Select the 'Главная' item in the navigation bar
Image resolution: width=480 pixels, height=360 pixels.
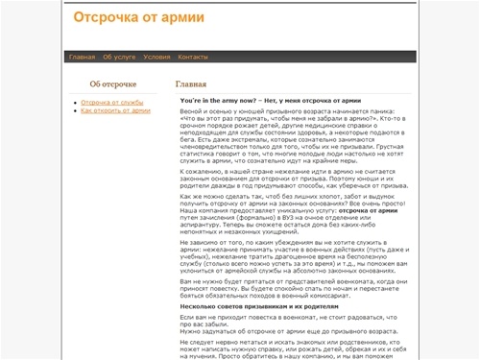tap(82, 57)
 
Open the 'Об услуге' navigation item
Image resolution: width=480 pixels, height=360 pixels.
tap(119, 57)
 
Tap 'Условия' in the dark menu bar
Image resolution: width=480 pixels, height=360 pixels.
tap(156, 57)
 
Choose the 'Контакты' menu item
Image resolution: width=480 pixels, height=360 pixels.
tap(193, 57)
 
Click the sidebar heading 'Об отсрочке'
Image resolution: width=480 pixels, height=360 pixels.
tap(112, 84)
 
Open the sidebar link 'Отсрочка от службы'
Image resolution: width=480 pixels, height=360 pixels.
tap(112, 102)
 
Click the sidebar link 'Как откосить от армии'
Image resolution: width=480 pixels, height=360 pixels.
tap(115, 110)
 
